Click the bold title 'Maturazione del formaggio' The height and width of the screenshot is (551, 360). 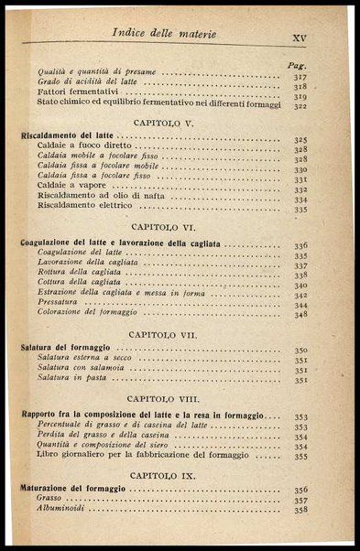point(73,490)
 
